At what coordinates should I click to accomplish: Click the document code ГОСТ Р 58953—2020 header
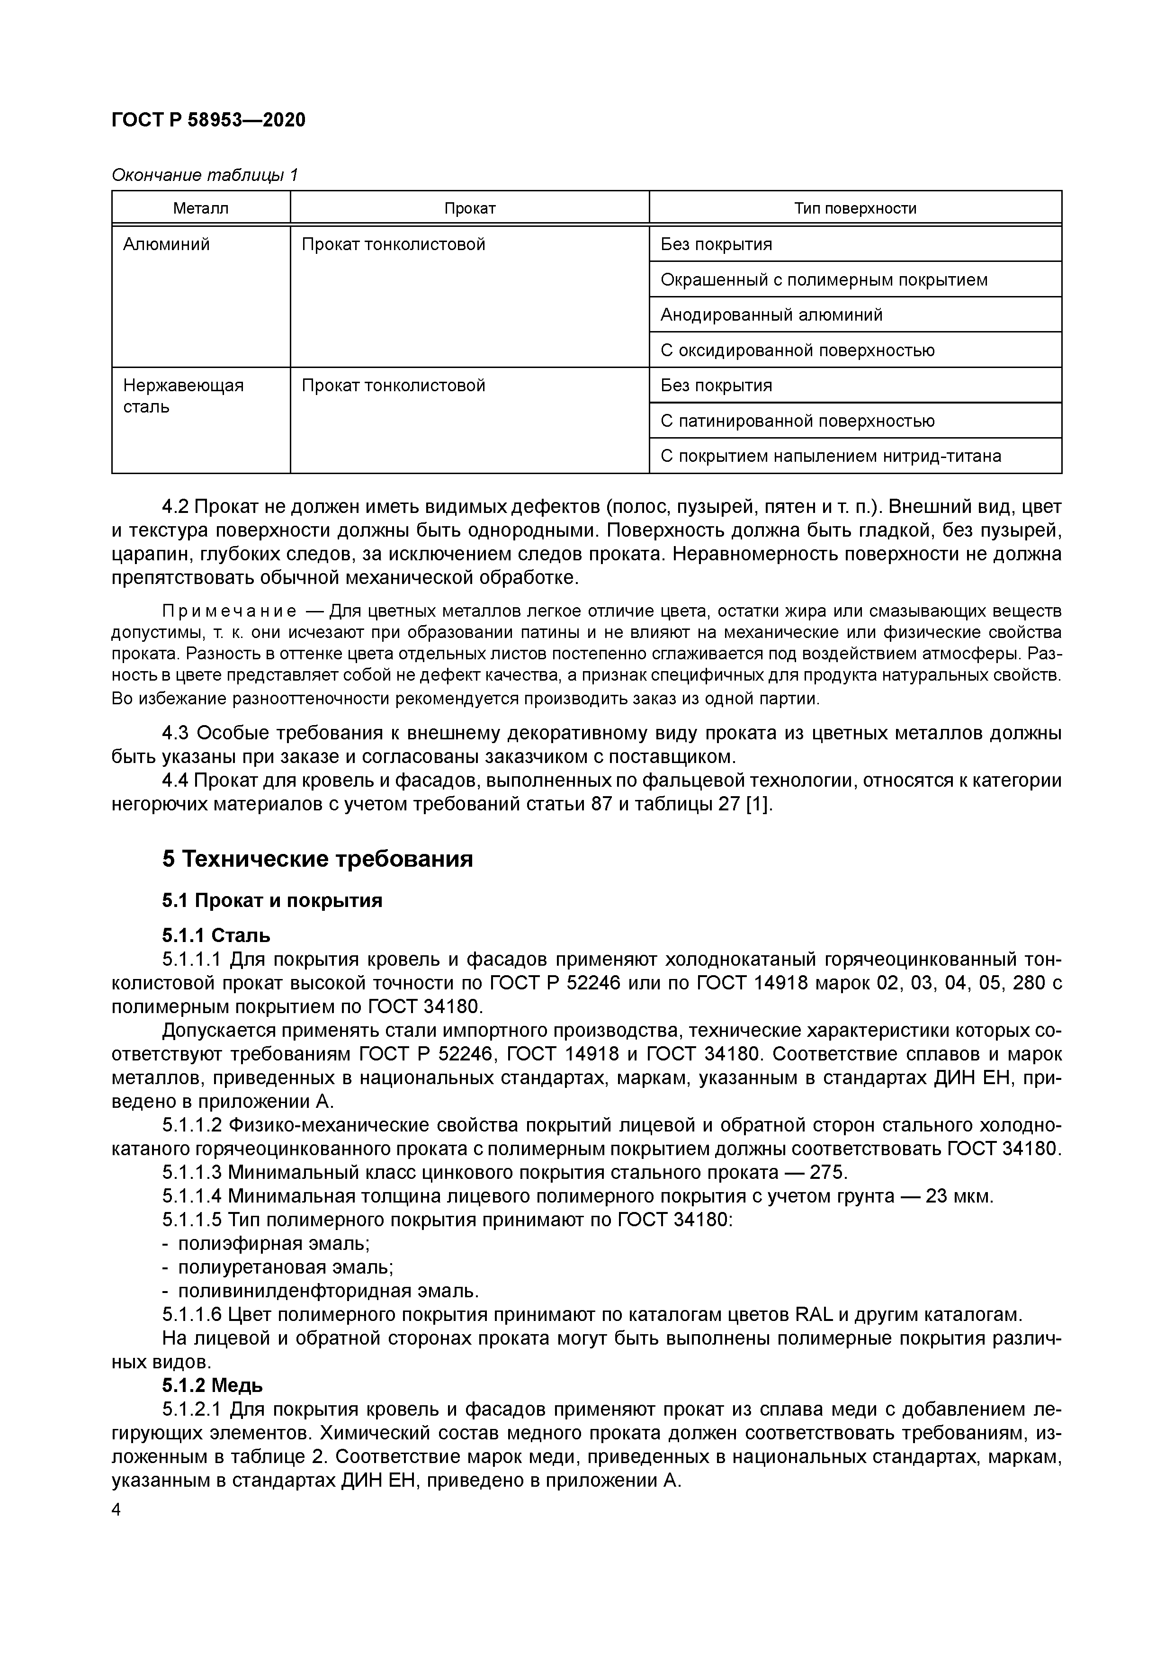tap(208, 120)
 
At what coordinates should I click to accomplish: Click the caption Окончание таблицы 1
tap(205, 175)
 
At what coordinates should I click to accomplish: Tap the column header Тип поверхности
tap(855, 208)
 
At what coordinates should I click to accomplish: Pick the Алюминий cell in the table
tap(166, 244)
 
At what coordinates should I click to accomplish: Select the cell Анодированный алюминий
tap(771, 314)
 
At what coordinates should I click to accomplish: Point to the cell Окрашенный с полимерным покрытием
tap(823, 280)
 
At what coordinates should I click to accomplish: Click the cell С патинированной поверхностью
tap(797, 421)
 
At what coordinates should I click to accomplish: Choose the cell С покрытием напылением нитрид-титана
tap(830, 457)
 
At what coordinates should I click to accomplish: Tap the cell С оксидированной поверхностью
tap(797, 350)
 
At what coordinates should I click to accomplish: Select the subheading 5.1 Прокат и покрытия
tap(272, 901)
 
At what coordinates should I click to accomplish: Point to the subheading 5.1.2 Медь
tap(212, 1386)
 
